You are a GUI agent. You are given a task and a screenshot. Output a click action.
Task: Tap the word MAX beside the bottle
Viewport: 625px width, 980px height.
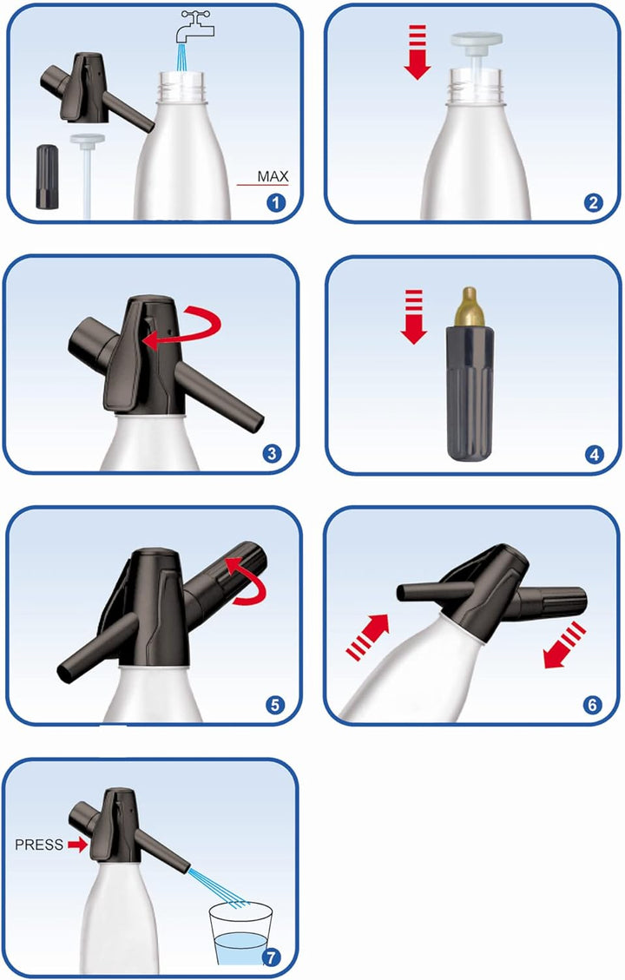(272, 176)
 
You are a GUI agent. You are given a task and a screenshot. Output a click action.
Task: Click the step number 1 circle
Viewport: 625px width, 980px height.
(276, 203)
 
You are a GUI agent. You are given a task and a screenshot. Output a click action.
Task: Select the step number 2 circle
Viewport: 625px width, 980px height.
(594, 203)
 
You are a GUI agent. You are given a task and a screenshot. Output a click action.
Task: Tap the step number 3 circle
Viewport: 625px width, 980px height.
(272, 452)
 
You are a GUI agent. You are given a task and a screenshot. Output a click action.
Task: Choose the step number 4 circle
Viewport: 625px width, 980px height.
(594, 452)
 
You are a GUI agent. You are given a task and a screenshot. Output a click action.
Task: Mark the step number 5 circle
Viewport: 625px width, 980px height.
(275, 703)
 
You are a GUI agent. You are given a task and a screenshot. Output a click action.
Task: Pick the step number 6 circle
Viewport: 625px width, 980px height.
(593, 703)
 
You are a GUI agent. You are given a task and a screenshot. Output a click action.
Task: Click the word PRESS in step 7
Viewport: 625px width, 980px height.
(39, 844)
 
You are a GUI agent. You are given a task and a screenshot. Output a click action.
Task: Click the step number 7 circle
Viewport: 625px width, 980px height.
(272, 957)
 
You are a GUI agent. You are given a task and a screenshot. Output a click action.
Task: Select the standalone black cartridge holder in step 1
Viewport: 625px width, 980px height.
(46, 176)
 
